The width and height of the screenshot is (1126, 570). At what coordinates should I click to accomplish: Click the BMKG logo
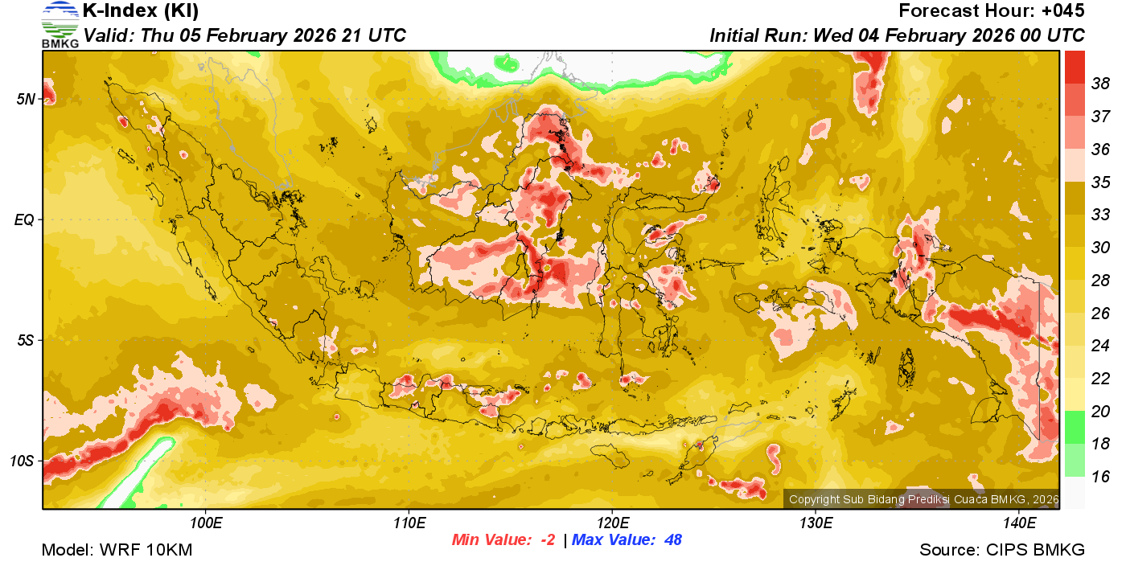pos(60,24)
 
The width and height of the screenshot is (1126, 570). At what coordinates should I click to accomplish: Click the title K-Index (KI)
pos(141,11)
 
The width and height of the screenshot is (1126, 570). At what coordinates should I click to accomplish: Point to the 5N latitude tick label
pos(27,99)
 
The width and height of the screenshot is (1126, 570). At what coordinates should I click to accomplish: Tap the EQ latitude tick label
pos(25,219)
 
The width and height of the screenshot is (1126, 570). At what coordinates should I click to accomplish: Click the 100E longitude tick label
pos(206,523)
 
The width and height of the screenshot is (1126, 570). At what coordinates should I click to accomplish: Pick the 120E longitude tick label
pos(612,523)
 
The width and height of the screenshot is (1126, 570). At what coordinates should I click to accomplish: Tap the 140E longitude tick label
pos(1019,523)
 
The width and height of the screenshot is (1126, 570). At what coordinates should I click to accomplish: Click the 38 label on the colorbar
pos(1100,84)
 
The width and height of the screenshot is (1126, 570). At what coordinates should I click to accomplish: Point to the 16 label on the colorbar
pos(1100,477)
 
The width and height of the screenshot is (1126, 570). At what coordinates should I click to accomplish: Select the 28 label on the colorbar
pos(1100,281)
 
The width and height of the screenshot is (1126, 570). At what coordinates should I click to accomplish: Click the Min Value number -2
pos(547,540)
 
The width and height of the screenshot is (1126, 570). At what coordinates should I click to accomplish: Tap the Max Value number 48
pos(672,540)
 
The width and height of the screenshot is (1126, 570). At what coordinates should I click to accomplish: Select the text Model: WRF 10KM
pos(117,551)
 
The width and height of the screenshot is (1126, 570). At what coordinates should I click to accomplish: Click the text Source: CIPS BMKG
pos(1002,551)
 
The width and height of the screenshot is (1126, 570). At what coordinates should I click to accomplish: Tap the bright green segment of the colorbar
pos(1075,426)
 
